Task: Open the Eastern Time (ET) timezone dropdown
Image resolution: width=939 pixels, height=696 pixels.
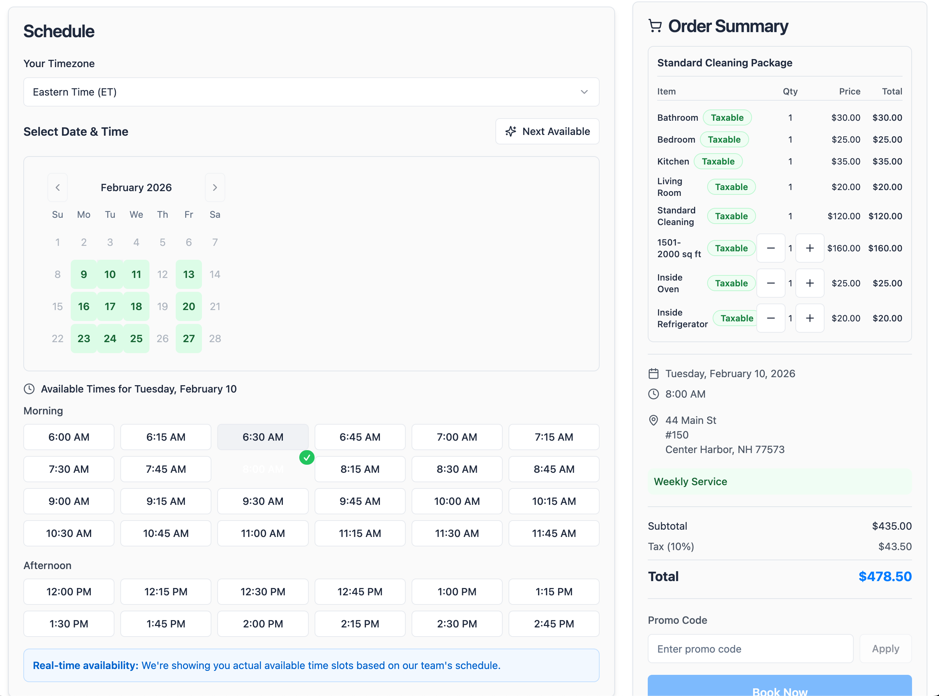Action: pyautogui.click(x=311, y=92)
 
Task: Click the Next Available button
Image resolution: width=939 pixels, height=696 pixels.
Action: pyautogui.click(x=547, y=131)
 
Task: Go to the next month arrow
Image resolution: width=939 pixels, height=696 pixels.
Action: pyautogui.click(x=215, y=187)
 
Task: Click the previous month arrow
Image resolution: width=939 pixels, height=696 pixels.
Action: pyautogui.click(x=58, y=187)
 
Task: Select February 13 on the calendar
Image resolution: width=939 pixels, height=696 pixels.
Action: pyautogui.click(x=188, y=274)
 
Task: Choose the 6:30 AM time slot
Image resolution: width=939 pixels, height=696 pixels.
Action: pyautogui.click(x=262, y=437)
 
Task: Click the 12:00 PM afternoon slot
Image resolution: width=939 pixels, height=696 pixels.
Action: pyautogui.click(x=69, y=592)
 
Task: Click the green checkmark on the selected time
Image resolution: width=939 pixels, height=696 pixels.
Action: pyautogui.click(x=307, y=457)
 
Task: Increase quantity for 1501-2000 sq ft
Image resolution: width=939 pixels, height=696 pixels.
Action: pyautogui.click(x=809, y=248)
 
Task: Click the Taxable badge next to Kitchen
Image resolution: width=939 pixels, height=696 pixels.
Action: pyautogui.click(x=718, y=161)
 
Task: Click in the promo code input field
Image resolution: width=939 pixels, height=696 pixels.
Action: pyautogui.click(x=750, y=649)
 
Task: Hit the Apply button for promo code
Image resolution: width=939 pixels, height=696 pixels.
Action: pyautogui.click(x=885, y=649)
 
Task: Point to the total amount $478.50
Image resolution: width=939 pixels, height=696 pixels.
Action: pyautogui.click(x=885, y=576)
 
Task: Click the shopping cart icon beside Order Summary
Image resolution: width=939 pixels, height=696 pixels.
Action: pyautogui.click(x=655, y=26)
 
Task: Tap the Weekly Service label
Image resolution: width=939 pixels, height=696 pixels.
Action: pyautogui.click(x=690, y=482)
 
